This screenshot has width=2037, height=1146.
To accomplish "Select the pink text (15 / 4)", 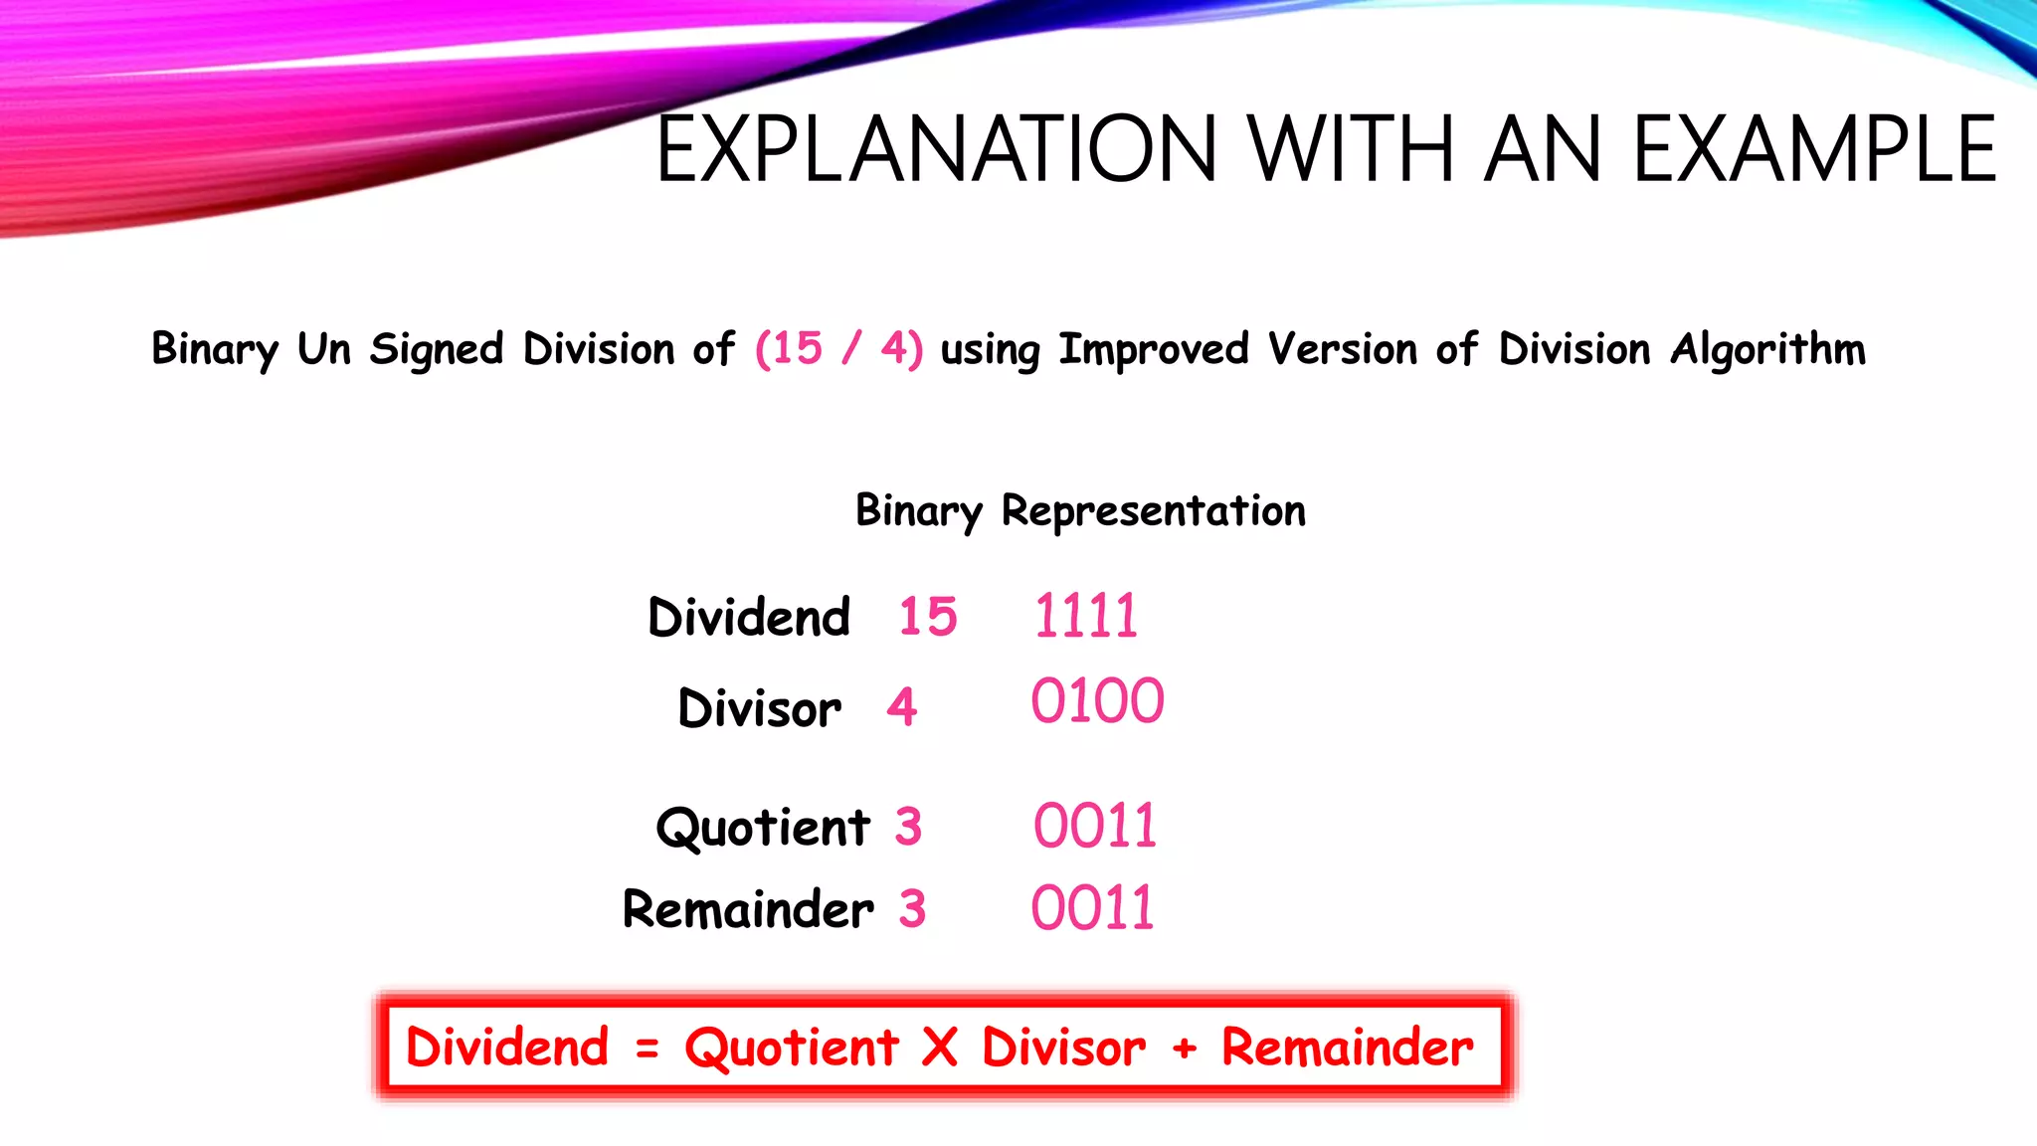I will pyautogui.click(x=838, y=349).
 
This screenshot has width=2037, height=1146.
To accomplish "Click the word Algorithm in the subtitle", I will pyautogui.click(x=1767, y=349).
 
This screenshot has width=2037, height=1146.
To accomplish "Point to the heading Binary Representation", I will pyautogui.click(x=1080, y=511).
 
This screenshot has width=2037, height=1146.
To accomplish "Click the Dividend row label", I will pyautogui.click(x=749, y=617).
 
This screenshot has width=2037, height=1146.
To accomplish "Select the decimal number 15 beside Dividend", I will pyautogui.click(x=927, y=617).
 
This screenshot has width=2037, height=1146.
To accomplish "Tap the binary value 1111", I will pyautogui.click(x=1085, y=616).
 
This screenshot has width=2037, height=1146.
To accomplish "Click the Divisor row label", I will pyautogui.click(x=759, y=708).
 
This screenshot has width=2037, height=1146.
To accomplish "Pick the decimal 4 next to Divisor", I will pyautogui.click(x=901, y=706).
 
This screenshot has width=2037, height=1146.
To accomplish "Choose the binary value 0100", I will pyautogui.click(x=1097, y=701).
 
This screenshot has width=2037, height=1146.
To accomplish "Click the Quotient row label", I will pyautogui.click(x=763, y=828).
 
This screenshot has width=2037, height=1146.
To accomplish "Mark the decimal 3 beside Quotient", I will pyautogui.click(x=908, y=827).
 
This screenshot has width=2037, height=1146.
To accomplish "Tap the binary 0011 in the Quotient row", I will pyautogui.click(x=1094, y=826).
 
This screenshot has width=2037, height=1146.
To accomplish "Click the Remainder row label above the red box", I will pyautogui.click(x=748, y=909).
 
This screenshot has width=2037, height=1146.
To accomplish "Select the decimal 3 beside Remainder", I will pyautogui.click(x=912, y=909).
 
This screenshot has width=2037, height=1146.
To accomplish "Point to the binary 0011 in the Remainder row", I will pyautogui.click(x=1092, y=908).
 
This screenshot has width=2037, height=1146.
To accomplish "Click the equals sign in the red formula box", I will pyautogui.click(x=648, y=1048).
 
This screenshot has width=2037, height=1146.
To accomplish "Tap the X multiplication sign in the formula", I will pyautogui.click(x=939, y=1048).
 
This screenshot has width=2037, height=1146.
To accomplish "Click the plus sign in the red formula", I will pyautogui.click(x=1184, y=1048).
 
